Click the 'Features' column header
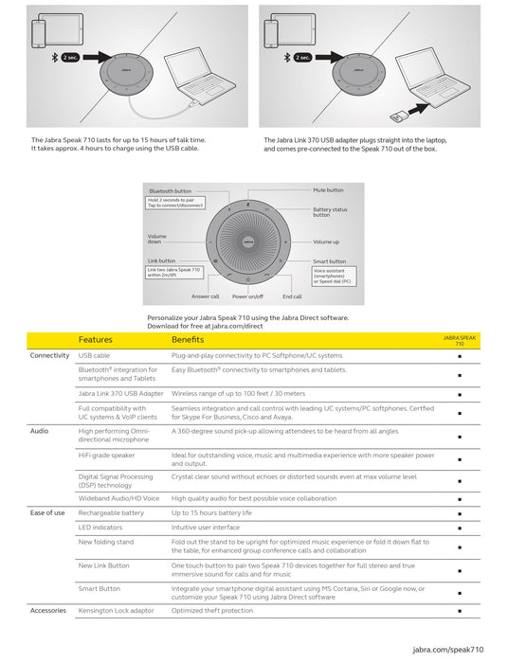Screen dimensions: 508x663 point(95,339)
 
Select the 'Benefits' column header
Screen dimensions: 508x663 point(188,339)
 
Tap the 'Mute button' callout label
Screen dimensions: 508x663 point(328,190)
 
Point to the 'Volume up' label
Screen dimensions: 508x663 point(326,242)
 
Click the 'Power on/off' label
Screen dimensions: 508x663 point(247,296)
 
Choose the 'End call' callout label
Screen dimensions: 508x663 point(292,296)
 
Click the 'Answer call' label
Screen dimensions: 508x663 point(205,296)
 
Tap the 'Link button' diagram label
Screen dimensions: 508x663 point(161,260)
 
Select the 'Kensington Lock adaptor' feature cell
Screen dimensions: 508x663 point(116,611)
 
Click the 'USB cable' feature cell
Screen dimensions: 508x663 point(94,355)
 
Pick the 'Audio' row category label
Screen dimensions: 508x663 point(40,431)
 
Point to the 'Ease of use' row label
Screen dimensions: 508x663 point(47,513)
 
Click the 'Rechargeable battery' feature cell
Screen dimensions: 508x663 point(111,513)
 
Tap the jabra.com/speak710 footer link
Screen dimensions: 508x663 point(448,650)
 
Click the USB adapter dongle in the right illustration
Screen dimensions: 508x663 point(398,116)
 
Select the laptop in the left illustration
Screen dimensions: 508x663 point(199,76)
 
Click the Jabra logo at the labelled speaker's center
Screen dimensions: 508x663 point(248,242)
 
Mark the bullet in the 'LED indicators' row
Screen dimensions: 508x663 point(460,529)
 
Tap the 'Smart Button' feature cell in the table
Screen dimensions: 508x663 point(100,588)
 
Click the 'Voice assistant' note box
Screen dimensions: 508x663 point(334,277)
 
